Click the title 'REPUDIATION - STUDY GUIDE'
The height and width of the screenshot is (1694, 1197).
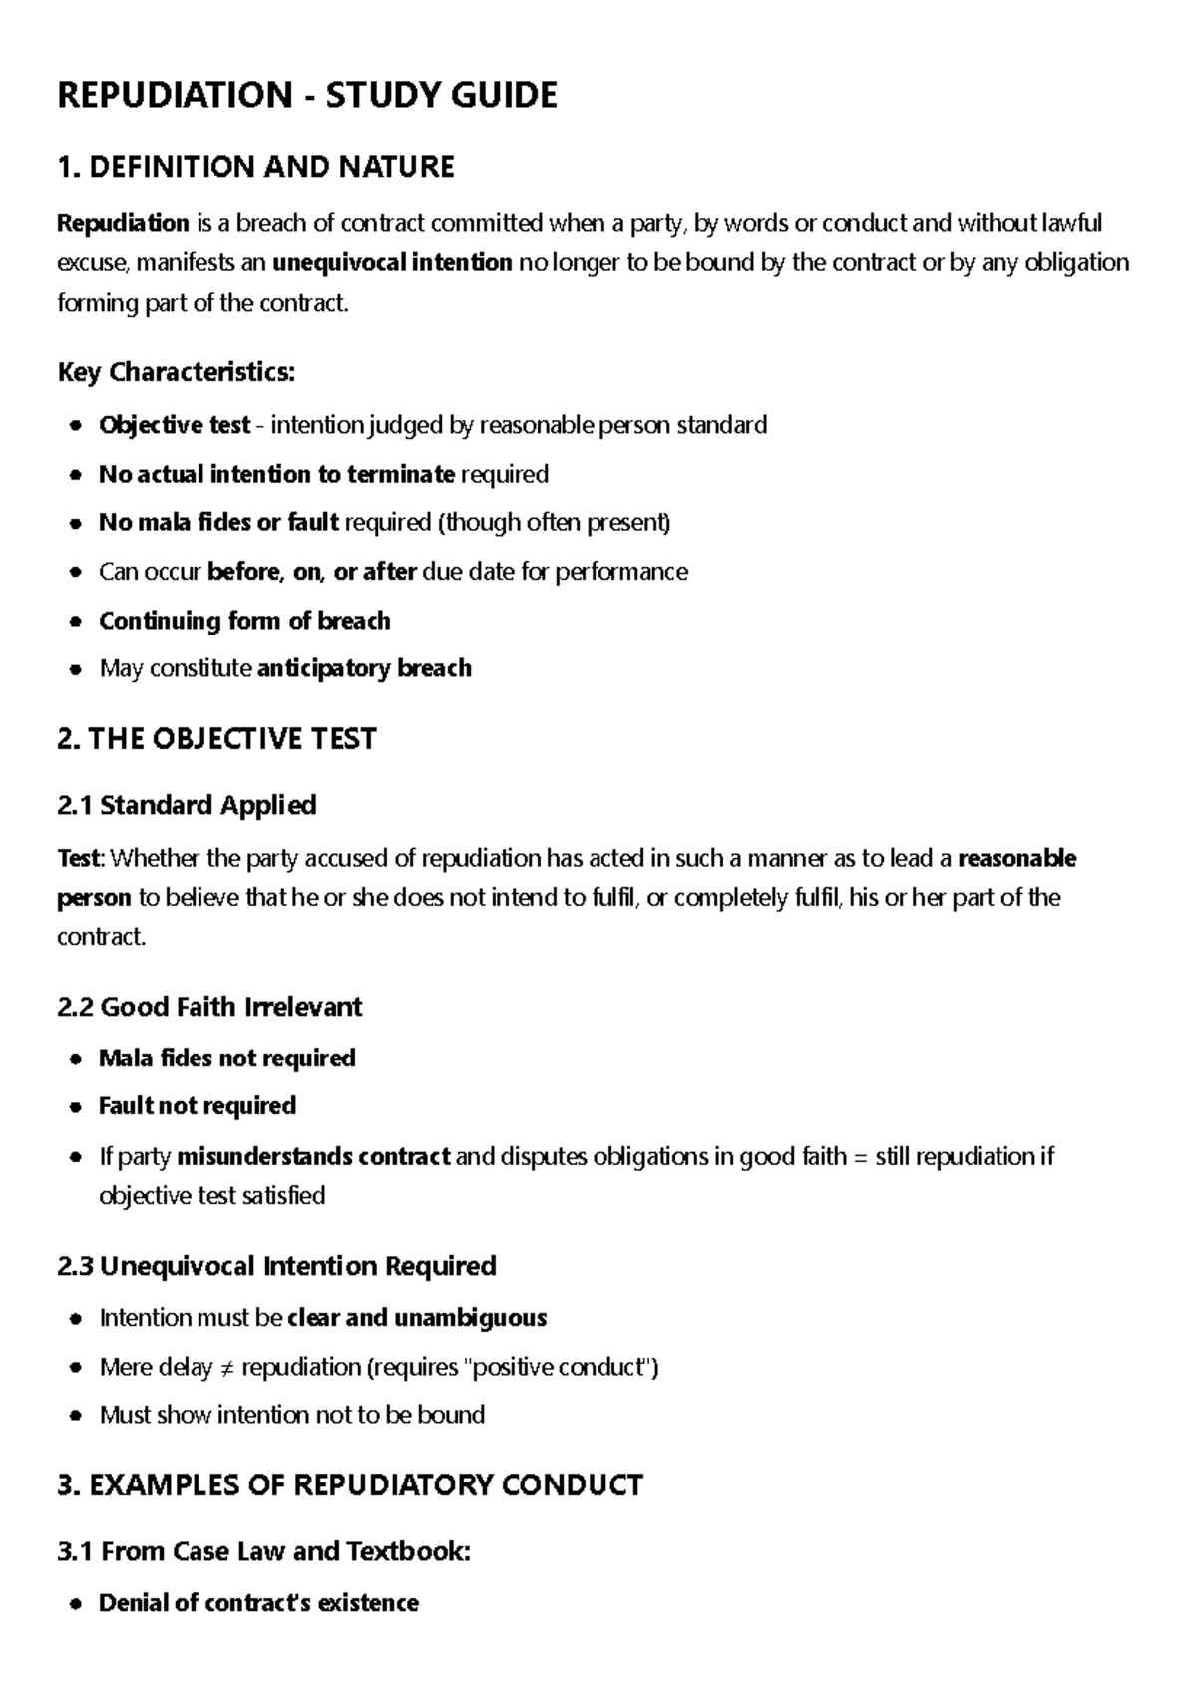coord(307,96)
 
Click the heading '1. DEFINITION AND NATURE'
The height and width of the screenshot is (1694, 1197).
coord(255,167)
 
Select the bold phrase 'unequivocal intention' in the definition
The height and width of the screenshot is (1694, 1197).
coord(392,263)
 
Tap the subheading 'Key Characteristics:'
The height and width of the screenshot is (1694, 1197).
coord(177,373)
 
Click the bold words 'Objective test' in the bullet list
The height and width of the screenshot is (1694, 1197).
coord(174,426)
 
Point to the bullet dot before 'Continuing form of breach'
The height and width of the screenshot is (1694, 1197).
coord(76,622)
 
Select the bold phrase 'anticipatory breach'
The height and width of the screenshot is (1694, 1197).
coord(364,668)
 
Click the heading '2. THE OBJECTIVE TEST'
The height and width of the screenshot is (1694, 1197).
coord(216,739)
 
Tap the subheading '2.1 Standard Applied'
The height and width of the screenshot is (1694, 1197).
coord(187,805)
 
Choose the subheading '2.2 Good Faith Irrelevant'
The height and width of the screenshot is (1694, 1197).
coord(209,1007)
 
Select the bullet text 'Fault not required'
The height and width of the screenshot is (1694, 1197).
coord(198,1106)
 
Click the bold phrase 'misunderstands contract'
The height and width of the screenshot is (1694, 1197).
coord(313,1157)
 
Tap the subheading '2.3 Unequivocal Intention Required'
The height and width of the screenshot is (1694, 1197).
coord(276,1266)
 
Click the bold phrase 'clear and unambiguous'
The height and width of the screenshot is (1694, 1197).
coord(417,1318)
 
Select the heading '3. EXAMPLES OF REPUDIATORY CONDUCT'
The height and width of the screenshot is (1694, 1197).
coord(350,1485)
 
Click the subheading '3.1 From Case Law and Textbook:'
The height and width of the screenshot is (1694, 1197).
coord(263,1551)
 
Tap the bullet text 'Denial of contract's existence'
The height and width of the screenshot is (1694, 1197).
coord(258,1603)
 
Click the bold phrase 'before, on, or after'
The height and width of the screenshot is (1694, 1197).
coord(311,572)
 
